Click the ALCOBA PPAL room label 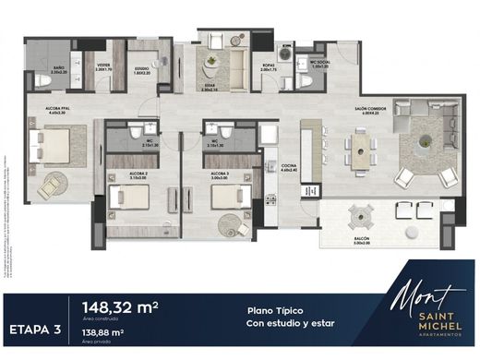[x=44, y=110]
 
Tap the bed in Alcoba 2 [x=125, y=198]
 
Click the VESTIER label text [x=104, y=66]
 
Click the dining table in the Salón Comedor [x=358, y=149]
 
